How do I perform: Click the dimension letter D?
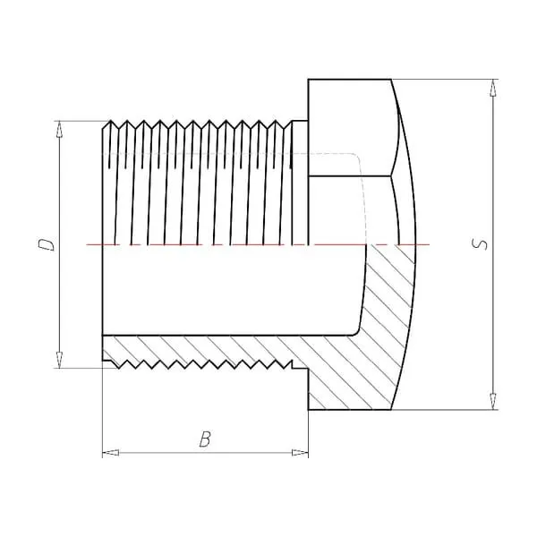(46, 244)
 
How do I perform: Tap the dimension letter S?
(479, 244)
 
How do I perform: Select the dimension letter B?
(205, 439)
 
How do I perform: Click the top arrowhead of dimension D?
(60, 129)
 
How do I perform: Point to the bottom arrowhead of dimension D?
(60, 360)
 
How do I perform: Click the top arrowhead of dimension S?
(493, 88)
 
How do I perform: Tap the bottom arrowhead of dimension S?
(493, 401)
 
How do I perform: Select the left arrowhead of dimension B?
(111, 453)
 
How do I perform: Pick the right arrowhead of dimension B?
(300, 453)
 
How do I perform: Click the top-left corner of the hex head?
(308, 80)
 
